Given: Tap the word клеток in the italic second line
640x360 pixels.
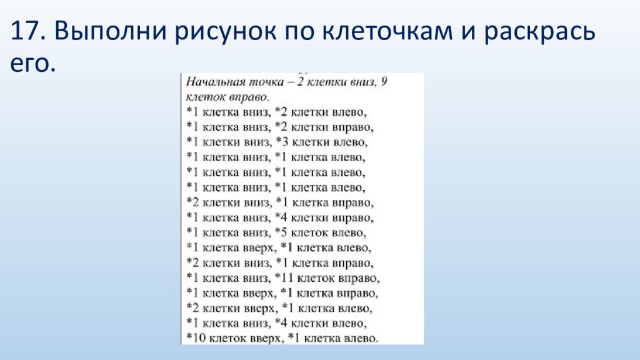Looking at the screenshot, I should [x=204, y=97].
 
